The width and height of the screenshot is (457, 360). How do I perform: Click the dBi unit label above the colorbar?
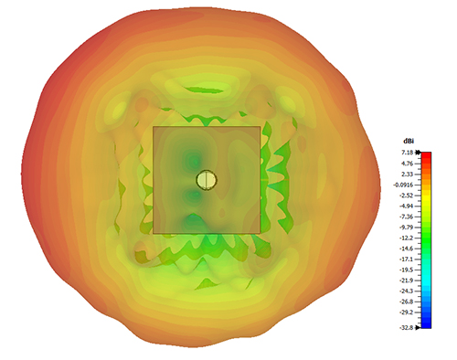[x=409, y=142]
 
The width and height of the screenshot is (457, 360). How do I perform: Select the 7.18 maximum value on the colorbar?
[x=409, y=153]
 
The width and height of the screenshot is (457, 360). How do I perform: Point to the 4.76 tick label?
[x=409, y=164]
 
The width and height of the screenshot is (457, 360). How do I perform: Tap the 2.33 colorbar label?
[x=409, y=175]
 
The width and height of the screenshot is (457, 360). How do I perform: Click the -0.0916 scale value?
[x=404, y=185]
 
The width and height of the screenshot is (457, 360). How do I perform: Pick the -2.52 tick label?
[x=408, y=196]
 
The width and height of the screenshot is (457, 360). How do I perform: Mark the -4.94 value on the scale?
[x=408, y=206]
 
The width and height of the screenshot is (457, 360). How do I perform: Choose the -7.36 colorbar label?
[x=408, y=217]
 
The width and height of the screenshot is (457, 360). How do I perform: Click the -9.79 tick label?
[x=408, y=228]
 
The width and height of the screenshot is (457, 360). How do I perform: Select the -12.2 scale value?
[x=408, y=238]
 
